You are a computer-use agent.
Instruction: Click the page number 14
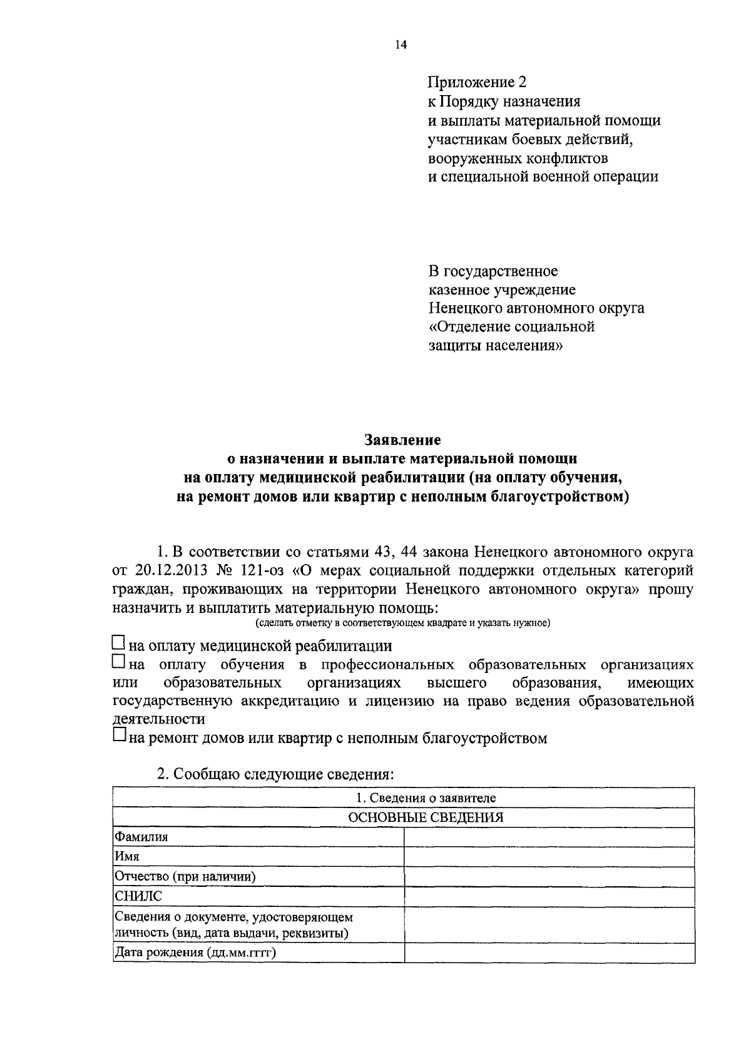pos(401,44)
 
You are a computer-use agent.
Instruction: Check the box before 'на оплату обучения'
pos(118,662)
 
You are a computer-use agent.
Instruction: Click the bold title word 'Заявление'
pos(402,441)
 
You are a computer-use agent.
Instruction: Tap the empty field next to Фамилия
pos(549,837)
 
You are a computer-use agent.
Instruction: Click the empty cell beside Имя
pos(549,856)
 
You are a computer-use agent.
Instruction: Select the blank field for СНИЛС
pos(549,896)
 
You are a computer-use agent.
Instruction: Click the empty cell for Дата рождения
pos(549,953)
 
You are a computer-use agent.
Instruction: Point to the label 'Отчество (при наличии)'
pos(185,876)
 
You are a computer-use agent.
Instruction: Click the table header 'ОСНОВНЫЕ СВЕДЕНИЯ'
pos(426,817)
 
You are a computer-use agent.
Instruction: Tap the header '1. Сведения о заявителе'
pos(426,798)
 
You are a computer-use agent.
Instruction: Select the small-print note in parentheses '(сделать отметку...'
pos(402,623)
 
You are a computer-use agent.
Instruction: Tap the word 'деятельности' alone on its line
pos(159,719)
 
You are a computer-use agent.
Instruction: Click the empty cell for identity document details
pos(549,925)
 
